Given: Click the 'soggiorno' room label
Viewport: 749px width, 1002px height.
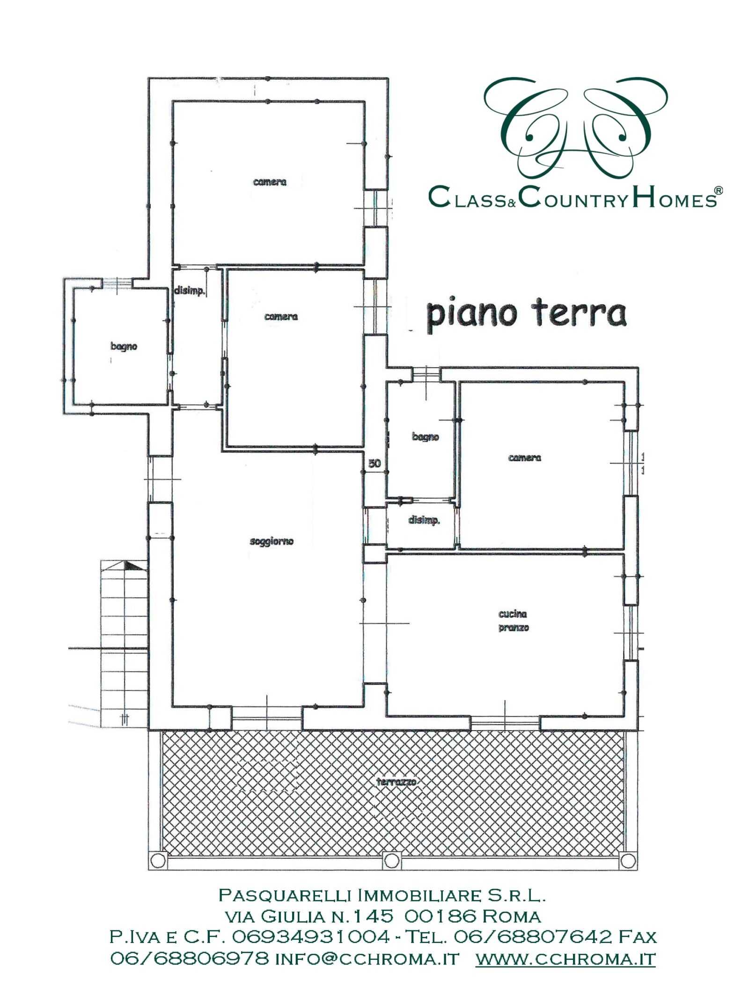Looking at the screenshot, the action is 272,542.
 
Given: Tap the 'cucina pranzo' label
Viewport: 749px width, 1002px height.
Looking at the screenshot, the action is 513,620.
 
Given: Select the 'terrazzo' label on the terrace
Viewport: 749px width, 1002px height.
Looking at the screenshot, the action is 396,782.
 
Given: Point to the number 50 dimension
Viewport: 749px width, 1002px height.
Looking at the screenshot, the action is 374,464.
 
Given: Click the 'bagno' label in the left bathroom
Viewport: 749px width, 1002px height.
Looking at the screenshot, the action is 124,347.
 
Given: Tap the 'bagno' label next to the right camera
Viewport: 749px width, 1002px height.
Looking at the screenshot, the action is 426,437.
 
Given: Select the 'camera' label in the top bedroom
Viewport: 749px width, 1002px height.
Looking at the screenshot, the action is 270,182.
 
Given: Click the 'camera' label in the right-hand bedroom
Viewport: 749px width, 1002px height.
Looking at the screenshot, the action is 524,458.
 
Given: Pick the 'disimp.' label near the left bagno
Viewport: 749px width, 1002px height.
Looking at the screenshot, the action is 190,290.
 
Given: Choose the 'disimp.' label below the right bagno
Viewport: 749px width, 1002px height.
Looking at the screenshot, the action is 424,520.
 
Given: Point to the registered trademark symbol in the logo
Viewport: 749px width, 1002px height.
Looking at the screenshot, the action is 718,190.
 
